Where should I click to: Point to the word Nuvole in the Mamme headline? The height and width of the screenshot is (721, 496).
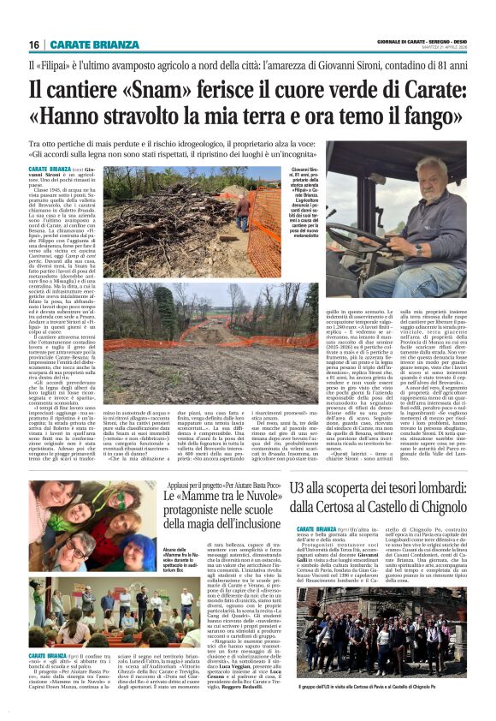tap(241, 496)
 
